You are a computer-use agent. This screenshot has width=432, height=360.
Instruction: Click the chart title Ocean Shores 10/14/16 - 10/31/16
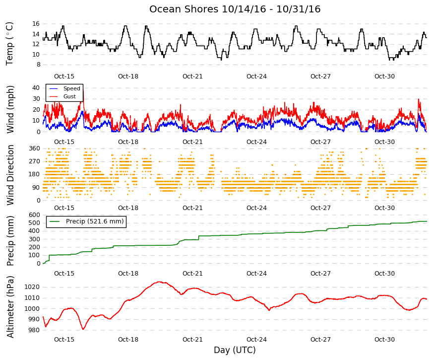click(x=235, y=9)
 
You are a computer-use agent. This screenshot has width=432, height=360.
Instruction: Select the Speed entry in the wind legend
click(x=71, y=88)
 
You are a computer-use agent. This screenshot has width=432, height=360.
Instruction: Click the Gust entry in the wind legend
click(x=69, y=96)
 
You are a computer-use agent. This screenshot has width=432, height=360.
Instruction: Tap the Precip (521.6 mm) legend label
click(x=95, y=221)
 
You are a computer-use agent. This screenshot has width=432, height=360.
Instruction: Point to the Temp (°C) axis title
click(x=9, y=44)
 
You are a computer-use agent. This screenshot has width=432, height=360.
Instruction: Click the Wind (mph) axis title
click(x=10, y=110)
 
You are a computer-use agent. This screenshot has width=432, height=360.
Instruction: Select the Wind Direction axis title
click(x=10, y=175)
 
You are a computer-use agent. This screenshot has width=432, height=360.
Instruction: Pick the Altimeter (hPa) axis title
click(x=10, y=307)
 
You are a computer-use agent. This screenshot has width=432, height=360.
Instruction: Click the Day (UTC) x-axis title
click(x=235, y=350)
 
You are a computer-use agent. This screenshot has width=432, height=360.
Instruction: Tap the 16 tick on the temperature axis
click(x=36, y=24)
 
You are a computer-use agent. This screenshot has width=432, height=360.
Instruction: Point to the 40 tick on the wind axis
click(x=36, y=88)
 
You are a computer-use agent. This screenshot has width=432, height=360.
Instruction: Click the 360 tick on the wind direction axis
click(x=34, y=148)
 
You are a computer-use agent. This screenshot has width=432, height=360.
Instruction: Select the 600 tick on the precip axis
click(x=34, y=215)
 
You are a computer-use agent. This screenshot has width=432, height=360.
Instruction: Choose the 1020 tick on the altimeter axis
click(x=32, y=287)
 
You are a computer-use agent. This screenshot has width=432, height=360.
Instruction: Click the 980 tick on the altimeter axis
click(x=34, y=330)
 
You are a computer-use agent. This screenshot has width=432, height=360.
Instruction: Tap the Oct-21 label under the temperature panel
click(x=192, y=76)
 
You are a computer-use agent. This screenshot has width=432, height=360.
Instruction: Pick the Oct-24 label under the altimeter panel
click(x=256, y=340)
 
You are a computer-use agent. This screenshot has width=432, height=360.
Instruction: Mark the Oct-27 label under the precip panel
click(x=320, y=274)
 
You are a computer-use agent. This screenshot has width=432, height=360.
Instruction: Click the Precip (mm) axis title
click(x=10, y=241)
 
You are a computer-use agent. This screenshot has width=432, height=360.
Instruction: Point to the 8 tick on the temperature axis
click(x=38, y=65)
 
